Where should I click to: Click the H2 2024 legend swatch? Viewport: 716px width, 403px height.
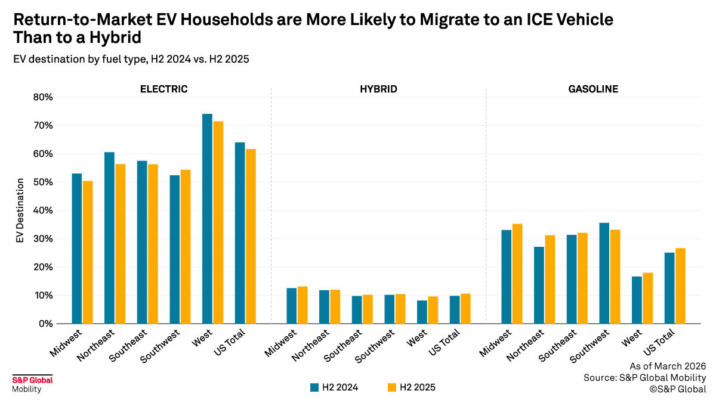[x=314, y=387]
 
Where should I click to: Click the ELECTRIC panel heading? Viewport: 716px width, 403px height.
[x=163, y=89]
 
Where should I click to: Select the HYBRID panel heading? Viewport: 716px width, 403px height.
[x=378, y=89]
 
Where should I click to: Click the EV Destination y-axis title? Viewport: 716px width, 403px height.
[x=20, y=210]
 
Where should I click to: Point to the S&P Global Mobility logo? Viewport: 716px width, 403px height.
[x=32, y=385]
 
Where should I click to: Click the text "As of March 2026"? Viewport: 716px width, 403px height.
[x=668, y=365]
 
